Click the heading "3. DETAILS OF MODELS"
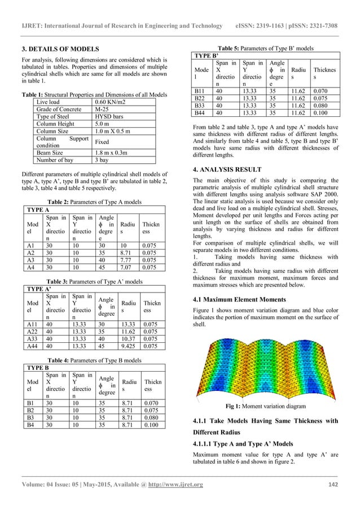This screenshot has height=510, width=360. (x=55, y=49)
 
